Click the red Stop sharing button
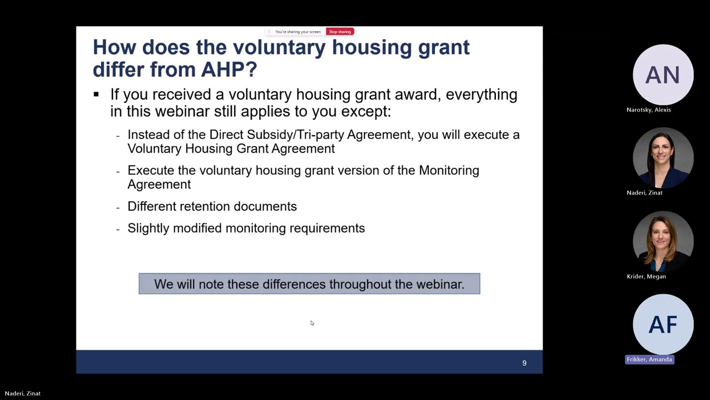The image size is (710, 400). pos(339,32)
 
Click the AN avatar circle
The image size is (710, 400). pos(663,75)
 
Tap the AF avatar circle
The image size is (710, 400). pos(663,324)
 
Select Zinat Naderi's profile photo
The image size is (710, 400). pos(663,158)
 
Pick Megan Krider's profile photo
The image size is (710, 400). pos(663,242)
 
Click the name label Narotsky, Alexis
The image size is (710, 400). pos(648,109)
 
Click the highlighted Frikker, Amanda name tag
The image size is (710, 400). pos(650,359)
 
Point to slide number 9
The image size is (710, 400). pos(524,363)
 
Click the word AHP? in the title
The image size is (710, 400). pos(229,69)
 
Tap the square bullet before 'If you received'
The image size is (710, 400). pos(96,94)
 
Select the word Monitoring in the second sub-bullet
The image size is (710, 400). pos(449,170)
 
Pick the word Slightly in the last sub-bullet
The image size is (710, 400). pos(149,228)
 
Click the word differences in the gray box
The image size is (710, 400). pos(294,284)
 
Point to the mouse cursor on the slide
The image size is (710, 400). pos(312,323)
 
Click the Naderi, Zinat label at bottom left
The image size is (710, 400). pos(23,393)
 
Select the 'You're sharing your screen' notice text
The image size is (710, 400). pos(298,32)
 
